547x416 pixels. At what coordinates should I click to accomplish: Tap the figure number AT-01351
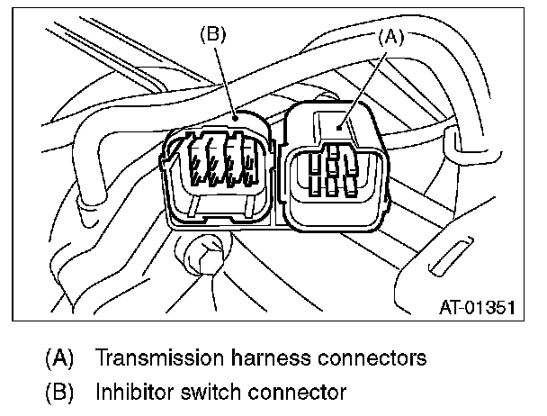(478, 307)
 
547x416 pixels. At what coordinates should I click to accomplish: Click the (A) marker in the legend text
(59, 357)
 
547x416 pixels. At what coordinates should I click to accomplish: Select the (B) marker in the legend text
(59, 392)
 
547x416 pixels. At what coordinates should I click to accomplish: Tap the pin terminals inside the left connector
(220, 162)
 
